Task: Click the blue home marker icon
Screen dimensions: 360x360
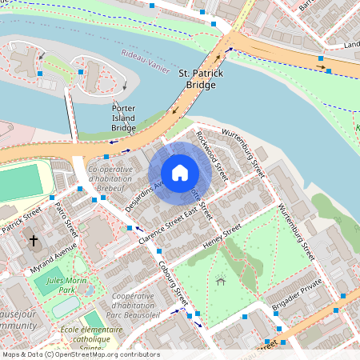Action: [180, 172]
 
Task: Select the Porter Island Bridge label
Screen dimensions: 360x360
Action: [123, 118]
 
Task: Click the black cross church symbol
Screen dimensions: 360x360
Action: [34, 239]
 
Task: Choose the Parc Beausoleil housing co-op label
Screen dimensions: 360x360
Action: [134, 305]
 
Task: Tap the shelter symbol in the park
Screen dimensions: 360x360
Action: [220, 281]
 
